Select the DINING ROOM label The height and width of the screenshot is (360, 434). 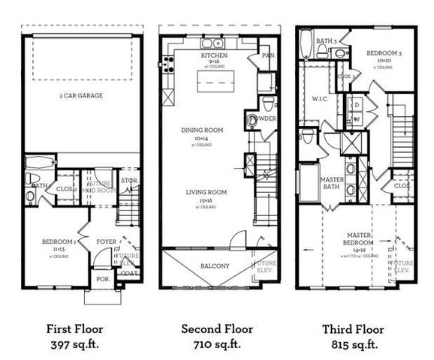pos(203,130)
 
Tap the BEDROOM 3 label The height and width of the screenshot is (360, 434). pos(381,54)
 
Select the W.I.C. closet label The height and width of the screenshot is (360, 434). pos(318,98)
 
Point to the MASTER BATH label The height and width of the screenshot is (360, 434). pos(332,184)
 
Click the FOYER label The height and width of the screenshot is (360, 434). pos(105,242)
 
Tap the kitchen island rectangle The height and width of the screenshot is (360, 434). pos(217,81)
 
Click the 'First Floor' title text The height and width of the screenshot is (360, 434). pos(74,328)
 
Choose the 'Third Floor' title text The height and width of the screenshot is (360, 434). pos(353,328)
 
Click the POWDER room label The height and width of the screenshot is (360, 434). pos(266,118)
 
